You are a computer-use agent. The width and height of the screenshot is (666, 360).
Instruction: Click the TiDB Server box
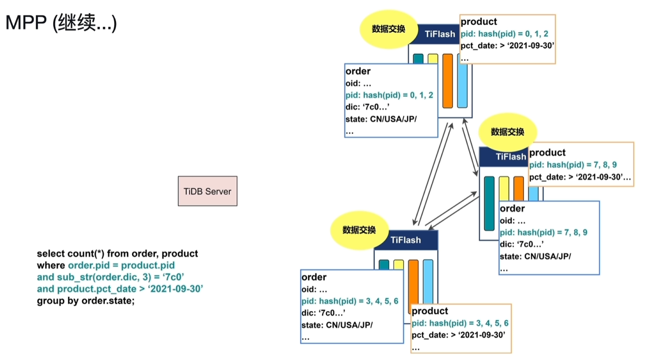(x=207, y=191)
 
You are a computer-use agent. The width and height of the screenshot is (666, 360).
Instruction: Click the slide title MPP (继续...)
(x=61, y=23)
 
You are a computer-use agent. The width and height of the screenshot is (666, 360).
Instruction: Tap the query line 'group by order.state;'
(x=85, y=301)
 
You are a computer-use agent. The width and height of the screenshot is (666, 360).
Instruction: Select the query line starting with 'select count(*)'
(x=117, y=254)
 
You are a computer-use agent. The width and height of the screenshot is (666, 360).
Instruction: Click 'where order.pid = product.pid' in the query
(x=105, y=266)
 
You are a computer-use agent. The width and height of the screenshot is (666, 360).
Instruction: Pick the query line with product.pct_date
(x=120, y=289)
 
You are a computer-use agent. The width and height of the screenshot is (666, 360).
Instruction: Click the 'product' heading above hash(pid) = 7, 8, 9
(x=547, y=152)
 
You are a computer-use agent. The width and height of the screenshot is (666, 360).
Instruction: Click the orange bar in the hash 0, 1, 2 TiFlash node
(x=447, y=81)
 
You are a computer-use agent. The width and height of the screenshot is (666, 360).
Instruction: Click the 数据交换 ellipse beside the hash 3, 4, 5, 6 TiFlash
(x=359, y=230)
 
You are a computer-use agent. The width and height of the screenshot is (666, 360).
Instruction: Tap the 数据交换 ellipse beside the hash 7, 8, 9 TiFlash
(x=507, y=132)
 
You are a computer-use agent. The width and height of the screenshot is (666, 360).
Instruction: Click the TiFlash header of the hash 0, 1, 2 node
(x=440, y=33)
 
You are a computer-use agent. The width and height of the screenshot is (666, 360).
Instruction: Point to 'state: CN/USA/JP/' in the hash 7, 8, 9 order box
(x=535, y=257)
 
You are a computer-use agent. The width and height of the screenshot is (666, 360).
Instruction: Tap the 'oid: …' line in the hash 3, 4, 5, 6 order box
(x=314, y=289)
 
